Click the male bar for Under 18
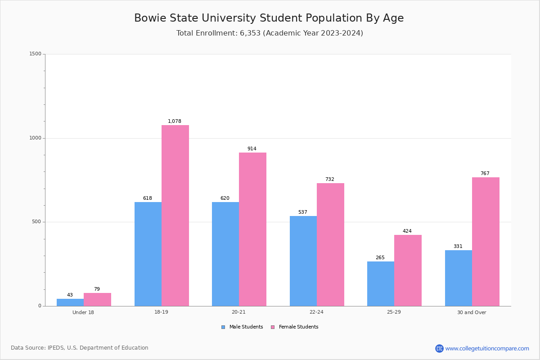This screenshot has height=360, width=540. [70, 302]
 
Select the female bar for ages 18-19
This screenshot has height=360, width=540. [175, 216]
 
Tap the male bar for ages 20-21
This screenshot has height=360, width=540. [225, 254]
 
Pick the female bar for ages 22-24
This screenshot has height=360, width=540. [330, 245]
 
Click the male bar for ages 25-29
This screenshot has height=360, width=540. [381, 284]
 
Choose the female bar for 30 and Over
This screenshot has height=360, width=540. [486, 242]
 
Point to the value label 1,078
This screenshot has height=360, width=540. [175, 121]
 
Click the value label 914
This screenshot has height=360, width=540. [252, 148]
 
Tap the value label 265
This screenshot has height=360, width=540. [380, 257]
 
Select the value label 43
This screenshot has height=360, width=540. [70, 295]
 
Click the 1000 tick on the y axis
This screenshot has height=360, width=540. [36, 138]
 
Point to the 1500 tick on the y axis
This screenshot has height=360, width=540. [36, 54]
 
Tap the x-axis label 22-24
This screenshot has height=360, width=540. [316, 312]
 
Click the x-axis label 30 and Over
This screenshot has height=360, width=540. [472, 312]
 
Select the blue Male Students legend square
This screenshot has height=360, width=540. [223, 327]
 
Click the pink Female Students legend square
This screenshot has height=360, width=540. [273, 327]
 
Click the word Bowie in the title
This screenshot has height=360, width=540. [150, 18]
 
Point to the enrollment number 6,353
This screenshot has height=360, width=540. [250, 33]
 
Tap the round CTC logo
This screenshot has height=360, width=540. [439, 348]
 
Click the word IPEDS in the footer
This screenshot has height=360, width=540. [56, 348]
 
